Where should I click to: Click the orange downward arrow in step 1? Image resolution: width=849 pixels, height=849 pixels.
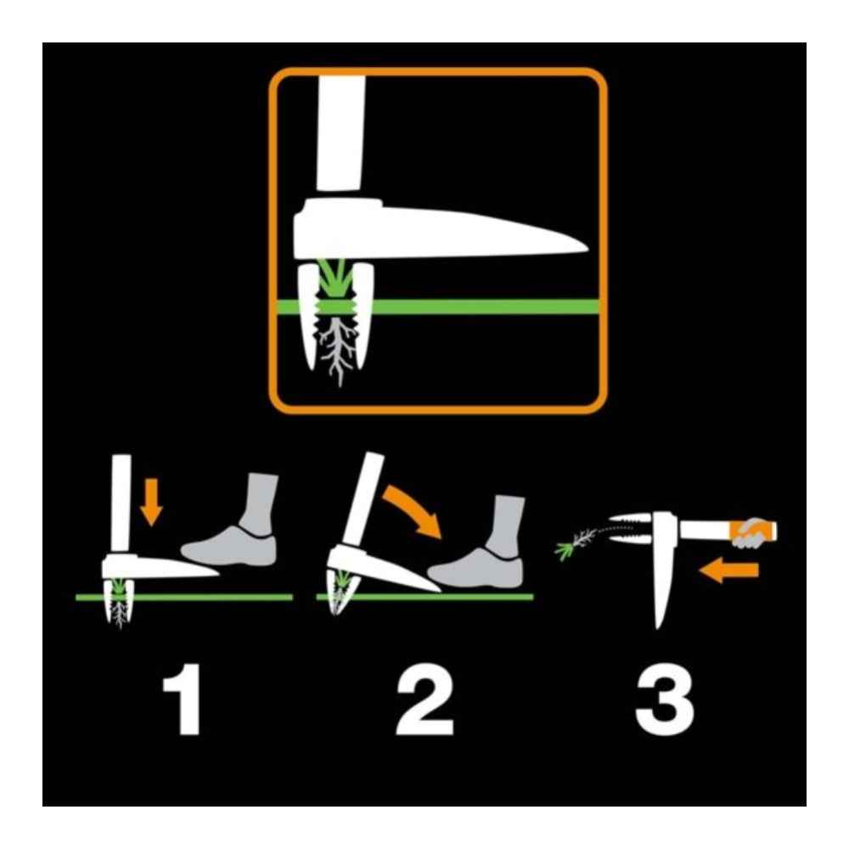click(153, 500)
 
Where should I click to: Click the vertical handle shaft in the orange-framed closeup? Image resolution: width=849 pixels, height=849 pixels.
click(340, 136)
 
